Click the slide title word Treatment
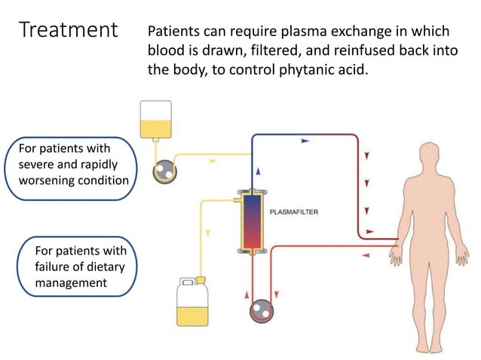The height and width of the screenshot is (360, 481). pyautogui.click(x=69, y=31)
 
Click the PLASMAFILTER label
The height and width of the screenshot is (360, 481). pyautogui.click(x=294, y=212)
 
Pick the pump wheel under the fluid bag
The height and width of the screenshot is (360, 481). pyautogui.click(x=163, y=172)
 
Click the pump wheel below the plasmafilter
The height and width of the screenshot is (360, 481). pyautogui.click(x=261, y=311)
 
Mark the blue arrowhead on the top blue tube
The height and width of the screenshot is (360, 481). pyautogui.click(x=305, y=140)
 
